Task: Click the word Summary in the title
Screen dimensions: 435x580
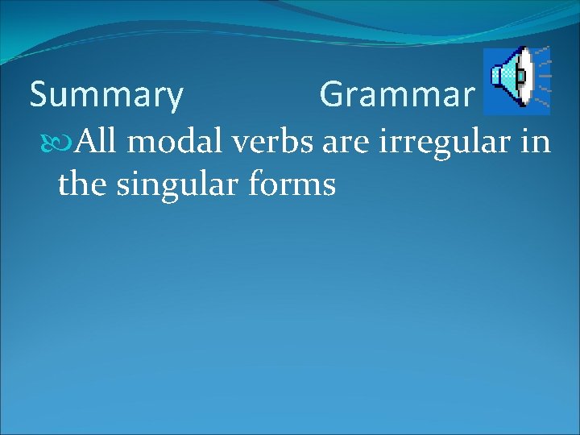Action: click(106, 96)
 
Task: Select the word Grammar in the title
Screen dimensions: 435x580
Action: click(396, 95)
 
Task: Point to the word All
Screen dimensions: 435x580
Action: click(97, 143)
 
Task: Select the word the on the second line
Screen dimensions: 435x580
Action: click(83, 184)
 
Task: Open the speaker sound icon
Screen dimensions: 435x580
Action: click(516, 79)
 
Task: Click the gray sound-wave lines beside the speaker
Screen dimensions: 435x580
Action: click(542, 78)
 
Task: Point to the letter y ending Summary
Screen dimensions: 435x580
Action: click(175, 99)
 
